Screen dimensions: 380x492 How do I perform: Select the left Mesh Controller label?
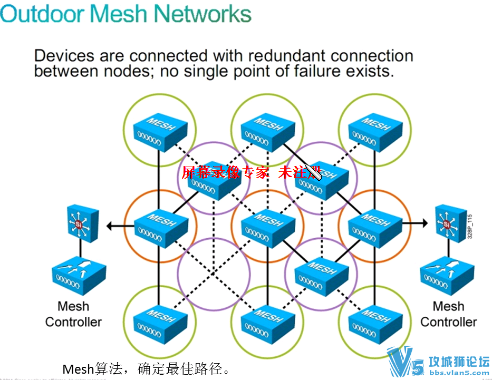pyautogui.click(x=73, y=314)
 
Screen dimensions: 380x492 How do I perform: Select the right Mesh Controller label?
pyautogui.click(x=448, y=314)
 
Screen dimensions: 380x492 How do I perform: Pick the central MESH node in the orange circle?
pyautogui.click(x=267, y=225)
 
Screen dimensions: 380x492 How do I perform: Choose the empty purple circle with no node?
pyautogui.click(x=213, y=273)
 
